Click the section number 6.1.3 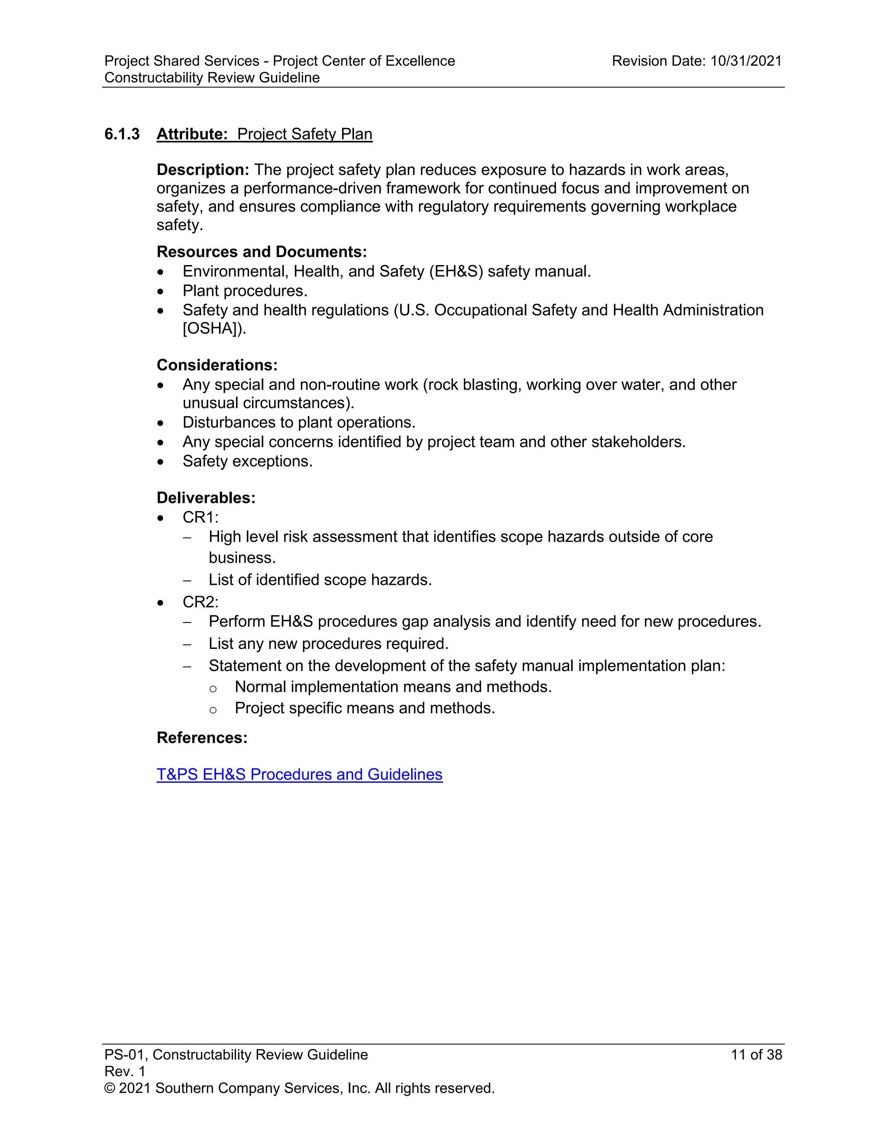pyautogui.click(x=122, y=134)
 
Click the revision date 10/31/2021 pyautogui.click(x=746, y=61)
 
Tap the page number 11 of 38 pyautogui.click(x=756, y=1054)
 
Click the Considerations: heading pyautogui.click(x=217, y=365)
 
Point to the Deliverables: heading pyautogui.click(x=206, y=498)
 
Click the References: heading pyautogui.click(x=202, y=737)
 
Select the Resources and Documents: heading pyautogui.click(x=262, y=252)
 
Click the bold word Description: pyautogui.click(x=203, y=170)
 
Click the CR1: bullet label pyautogui.click(x=200, y=517)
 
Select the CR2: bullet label pyautogui.click(x=200, y=602)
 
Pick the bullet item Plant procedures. pyautogui.click(x=244, y=291)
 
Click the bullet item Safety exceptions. pyautogui.click(x=247, y=461)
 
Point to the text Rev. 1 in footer pyautogui.click(x=125, y=1071)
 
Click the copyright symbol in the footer pyautogui.click(x=109, y=1088)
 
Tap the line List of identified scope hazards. pyautogui.click(x=320, y=580)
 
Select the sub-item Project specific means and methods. pyautogui.click(x=364, y=708)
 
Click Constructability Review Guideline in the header pyautogui.click(x=212, y=78)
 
